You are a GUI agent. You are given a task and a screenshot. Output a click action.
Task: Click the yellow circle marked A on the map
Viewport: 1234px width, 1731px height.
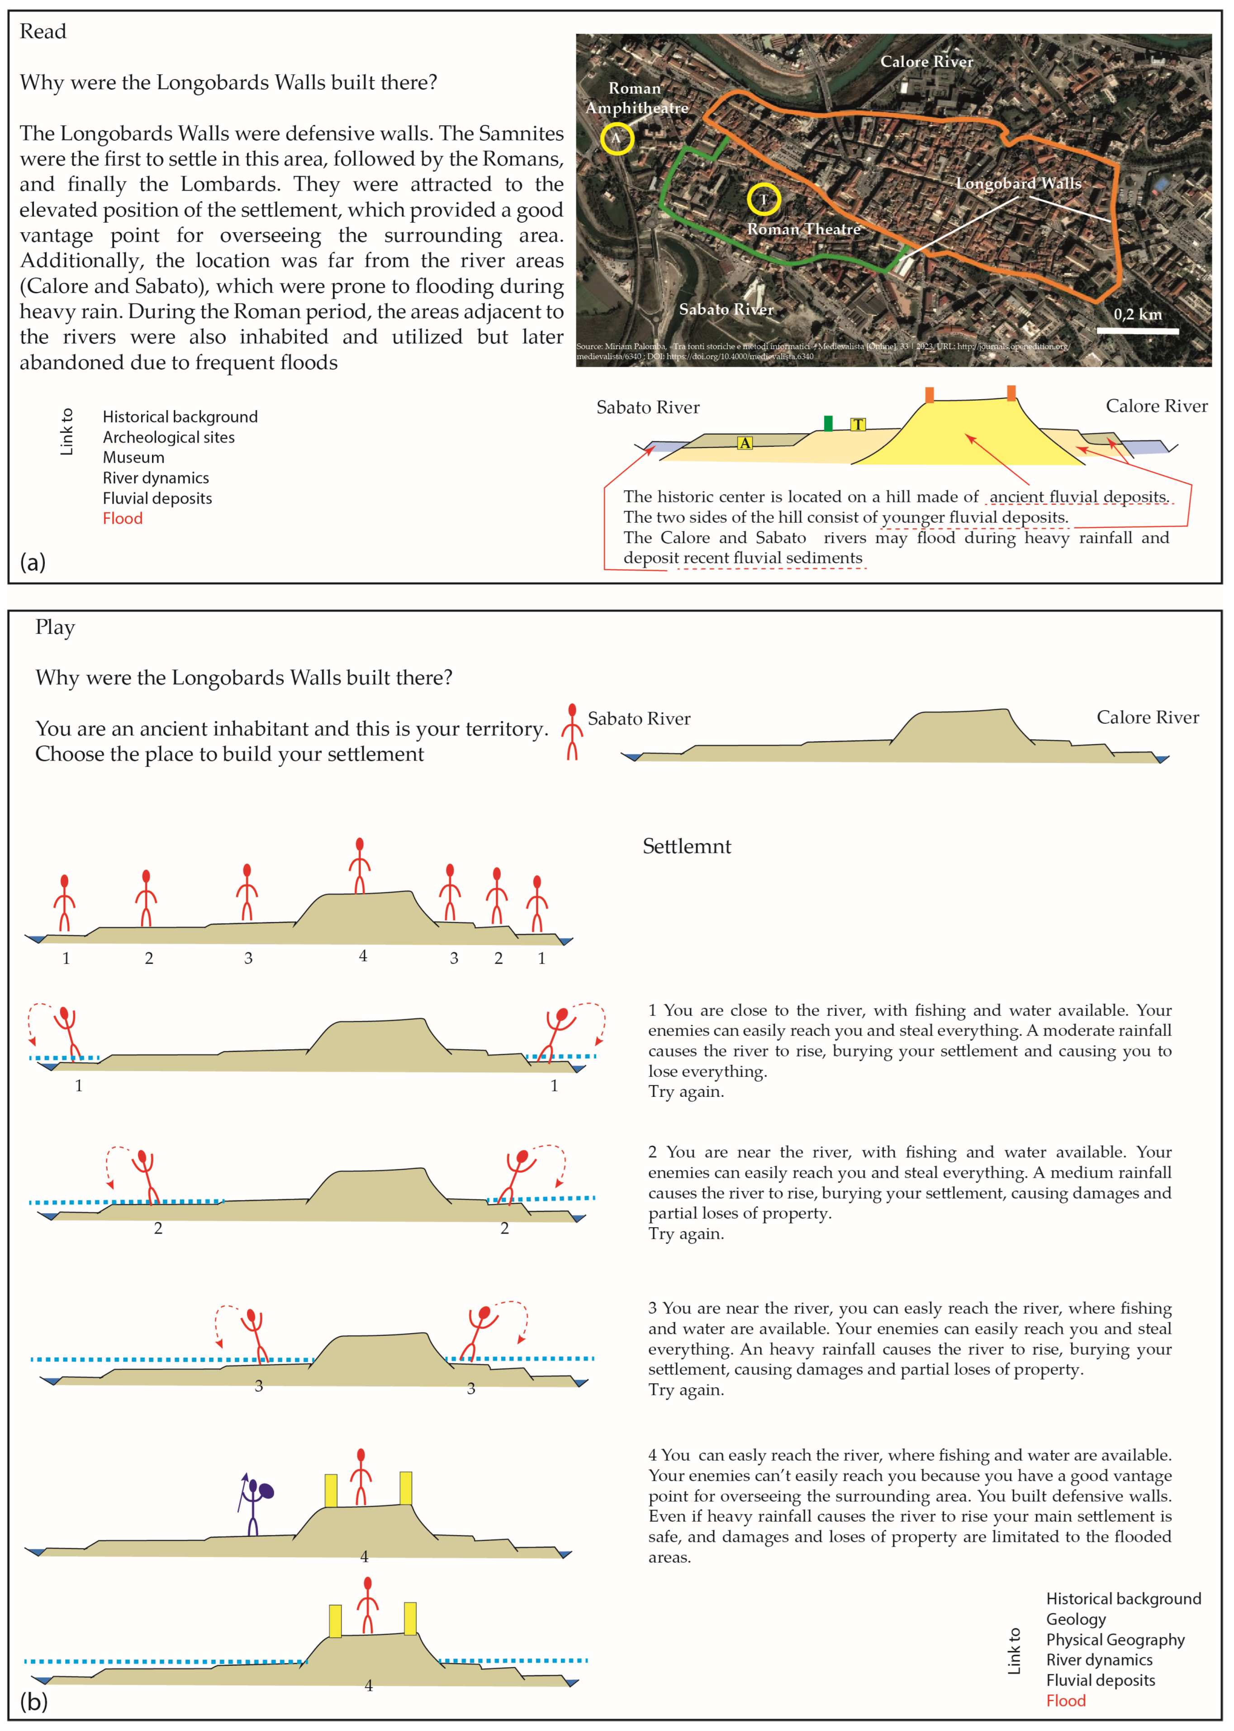(x=617, y=139)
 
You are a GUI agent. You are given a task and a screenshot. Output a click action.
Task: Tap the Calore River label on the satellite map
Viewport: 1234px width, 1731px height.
(x=926, y=62)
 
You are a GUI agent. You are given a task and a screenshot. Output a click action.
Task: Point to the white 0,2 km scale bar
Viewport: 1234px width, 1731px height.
(x=1138, y=331)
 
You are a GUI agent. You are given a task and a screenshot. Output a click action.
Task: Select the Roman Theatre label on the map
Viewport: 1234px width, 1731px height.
(x=804, y=229)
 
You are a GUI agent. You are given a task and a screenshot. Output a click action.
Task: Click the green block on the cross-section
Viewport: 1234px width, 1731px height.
(x=828, y=423)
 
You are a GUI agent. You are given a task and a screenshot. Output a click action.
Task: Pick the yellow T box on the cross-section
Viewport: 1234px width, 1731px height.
(x=858, y=424)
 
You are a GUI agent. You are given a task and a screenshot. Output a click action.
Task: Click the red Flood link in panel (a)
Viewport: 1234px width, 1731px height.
(x=122, y=518)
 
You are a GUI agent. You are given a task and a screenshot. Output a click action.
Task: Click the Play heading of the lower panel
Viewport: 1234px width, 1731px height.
(x=55, y=627)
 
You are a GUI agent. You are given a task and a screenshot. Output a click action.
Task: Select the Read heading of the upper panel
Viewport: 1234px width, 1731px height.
(x=43, y=31)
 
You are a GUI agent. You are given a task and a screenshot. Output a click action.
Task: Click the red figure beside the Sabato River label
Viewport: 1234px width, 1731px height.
(x=572, y=732)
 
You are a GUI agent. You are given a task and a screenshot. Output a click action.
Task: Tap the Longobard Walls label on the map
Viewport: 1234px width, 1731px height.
(x=1018, y=183)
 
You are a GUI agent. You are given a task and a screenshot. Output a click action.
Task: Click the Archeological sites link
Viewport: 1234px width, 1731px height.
(x=169, y=437)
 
